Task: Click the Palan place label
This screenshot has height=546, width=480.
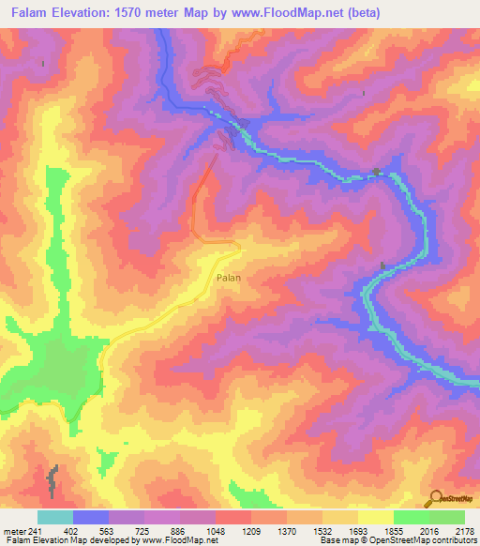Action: click(x=230, y=278)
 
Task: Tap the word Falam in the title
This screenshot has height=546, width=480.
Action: click(x=31, y=12)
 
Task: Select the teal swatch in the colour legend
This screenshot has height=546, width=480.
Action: click(x=55, y=517)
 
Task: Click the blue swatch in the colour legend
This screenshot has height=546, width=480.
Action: click(x=91, y=517)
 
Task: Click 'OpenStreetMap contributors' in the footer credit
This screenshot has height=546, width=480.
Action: click(x=427, y=540)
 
